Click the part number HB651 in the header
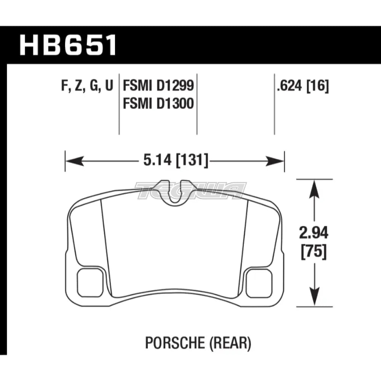[68, 45]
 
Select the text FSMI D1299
[158, 87]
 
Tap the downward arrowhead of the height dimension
[313, 299]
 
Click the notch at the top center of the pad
[174, 192]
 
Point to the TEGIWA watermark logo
[190, 190]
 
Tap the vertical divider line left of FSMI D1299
[119, 103]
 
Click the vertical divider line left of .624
[274, 103]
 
